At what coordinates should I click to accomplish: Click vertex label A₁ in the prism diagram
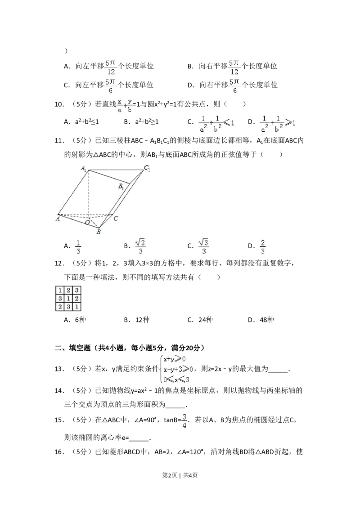point(84,169)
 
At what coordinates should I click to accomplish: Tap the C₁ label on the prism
point(147,168)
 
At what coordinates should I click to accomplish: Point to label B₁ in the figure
point(121,186)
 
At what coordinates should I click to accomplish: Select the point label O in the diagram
point(88,222)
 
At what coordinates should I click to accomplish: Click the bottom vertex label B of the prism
point(98,232)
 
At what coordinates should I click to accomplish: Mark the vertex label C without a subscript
point(116,218)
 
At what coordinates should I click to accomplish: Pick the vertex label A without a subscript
point(58,218)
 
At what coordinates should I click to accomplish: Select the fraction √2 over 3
point(140,247)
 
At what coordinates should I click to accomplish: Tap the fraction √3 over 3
point(204,247)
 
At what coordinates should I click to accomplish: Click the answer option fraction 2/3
point(263,247)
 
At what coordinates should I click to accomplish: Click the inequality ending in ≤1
point(217,123)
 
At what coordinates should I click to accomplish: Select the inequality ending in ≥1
point(279,123)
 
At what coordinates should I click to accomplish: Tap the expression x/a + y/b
point(125,106)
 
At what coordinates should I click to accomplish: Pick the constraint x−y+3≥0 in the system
point(178,369)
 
